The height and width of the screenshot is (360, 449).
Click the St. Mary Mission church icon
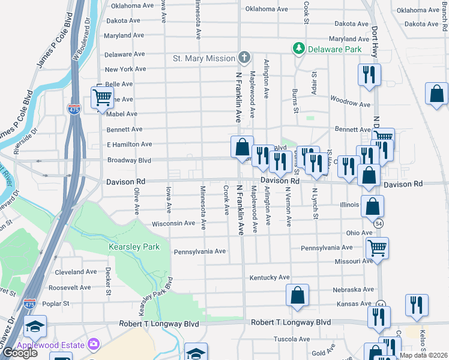tap(244, 58)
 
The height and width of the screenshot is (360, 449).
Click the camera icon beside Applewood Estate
tap(94, 344)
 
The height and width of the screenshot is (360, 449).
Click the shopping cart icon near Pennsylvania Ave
tap(377, 246)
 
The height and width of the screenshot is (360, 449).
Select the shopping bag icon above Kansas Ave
tap(297, 295)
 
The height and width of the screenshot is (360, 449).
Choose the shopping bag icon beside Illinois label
tap(373, 205)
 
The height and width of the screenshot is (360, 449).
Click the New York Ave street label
tap(125, 69)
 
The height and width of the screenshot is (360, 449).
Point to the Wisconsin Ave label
tap(173, 223)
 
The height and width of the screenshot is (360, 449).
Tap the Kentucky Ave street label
tap(270, 277)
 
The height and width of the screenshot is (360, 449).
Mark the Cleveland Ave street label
tap(76, 272)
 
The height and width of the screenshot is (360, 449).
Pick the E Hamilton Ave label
tap(129, 145)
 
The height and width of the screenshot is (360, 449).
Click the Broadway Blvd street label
tap(129, 161)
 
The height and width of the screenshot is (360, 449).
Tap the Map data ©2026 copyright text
tap(423, 355)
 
